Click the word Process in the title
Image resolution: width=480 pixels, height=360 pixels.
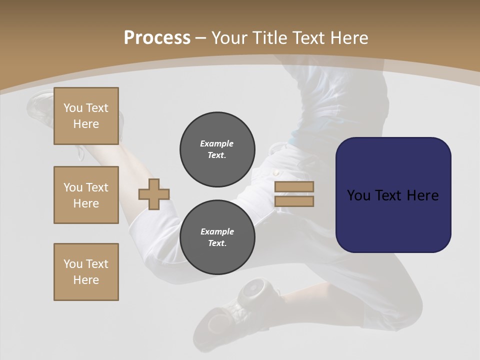pos(157,38)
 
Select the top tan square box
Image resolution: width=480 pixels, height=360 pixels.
pos(86,116)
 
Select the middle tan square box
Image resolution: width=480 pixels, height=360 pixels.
pos(86,195)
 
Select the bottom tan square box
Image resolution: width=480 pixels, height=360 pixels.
pos(86,272)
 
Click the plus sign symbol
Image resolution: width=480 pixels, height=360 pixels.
pos(154,194)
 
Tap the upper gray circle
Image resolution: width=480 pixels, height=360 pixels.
pos(217,149)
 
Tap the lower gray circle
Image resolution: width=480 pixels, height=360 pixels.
pos(217,237)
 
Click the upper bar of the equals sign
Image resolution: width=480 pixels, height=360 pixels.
pos(294,187)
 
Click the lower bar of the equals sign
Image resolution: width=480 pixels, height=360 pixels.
pos(294,201)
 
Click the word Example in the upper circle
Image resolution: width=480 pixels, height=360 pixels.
pos(217,143)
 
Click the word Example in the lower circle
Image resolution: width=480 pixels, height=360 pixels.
pos(217,231)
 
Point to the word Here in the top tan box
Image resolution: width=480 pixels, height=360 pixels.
pos(86,124)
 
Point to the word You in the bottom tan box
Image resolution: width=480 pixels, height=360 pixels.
pos(73,264)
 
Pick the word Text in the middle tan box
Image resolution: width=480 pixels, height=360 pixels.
pos(96,187)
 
